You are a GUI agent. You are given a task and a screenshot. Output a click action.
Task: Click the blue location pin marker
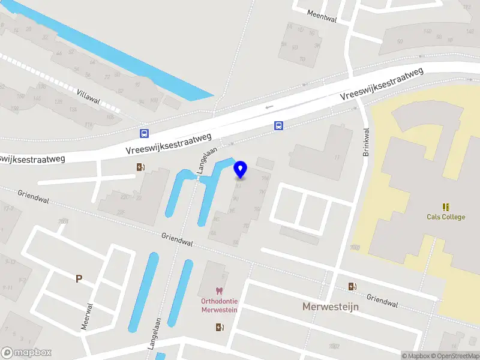point(241,169)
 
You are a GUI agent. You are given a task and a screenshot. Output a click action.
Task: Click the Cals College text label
point(446,217)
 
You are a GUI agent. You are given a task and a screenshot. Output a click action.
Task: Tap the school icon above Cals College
point(446,206)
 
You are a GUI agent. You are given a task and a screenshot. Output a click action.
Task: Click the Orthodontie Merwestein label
point(219,305)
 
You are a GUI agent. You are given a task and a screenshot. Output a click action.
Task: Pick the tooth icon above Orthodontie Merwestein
point(219,291)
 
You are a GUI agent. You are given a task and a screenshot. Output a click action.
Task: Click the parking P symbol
point(79,278)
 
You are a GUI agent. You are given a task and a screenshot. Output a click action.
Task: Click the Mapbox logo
point(26,353)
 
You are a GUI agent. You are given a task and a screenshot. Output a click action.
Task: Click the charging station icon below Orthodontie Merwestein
point(219,327)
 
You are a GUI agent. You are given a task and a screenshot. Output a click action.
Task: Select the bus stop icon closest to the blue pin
point(278,125)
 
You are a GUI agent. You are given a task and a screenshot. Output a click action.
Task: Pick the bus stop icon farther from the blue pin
point(144,133)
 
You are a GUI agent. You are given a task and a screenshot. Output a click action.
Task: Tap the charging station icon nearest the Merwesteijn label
point(352,286)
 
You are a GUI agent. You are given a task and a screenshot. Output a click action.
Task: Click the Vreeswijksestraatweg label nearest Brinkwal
point(382,84)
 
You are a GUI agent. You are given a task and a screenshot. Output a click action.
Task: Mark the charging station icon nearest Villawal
point(140,167)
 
